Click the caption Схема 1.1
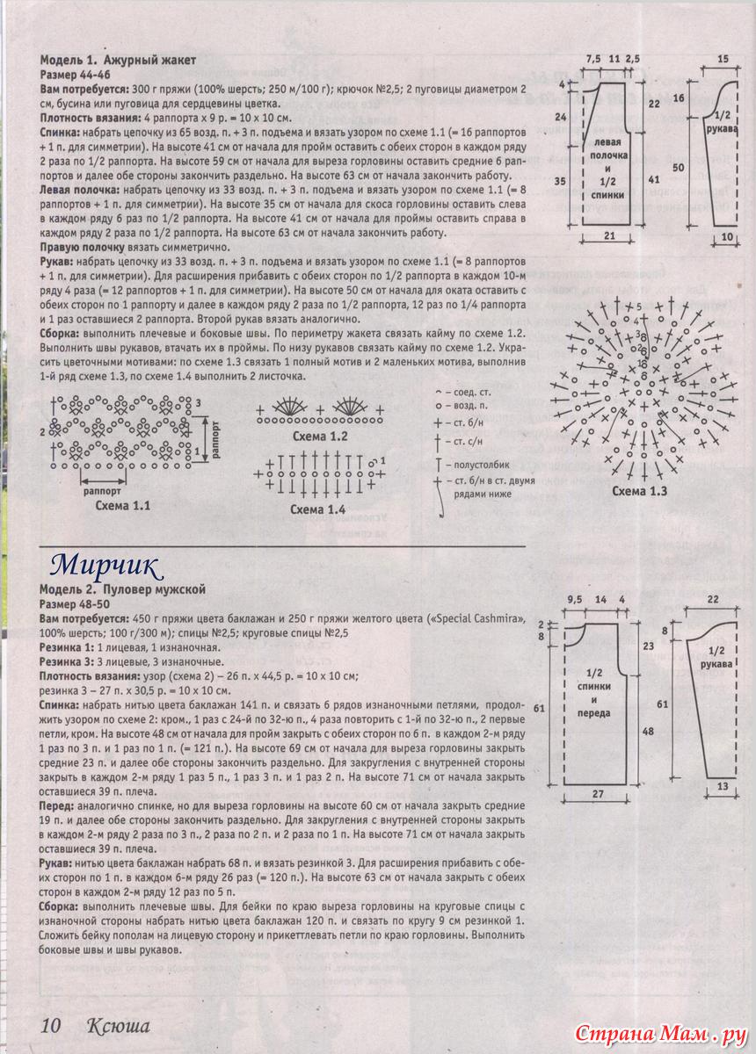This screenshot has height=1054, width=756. pyautogui.click(x=123, y=507)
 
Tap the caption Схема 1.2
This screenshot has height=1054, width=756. pyautogui.click(x=320, y=437)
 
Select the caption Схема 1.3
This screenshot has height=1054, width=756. pyautogui.click(x=640, y=491)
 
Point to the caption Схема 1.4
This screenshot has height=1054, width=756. pyautogui.click(x=318, y=509)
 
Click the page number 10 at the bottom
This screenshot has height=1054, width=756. pyautogui.click(x=50, y=1025)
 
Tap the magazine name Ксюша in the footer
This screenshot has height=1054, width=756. pyautogui.click(x=118, y=1025)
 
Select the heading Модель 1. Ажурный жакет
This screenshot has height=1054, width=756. pyautogui.click(x=118, y=61)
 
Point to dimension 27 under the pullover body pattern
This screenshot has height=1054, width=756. pyautogui.click(x=597, y=795)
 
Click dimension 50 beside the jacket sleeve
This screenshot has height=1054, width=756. pyautogui.click(x=679, y=167)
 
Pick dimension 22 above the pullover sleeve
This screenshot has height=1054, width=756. pyautogui.click(x=713, y=599)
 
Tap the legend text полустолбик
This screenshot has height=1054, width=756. pyautogui.click(x=479, y=463)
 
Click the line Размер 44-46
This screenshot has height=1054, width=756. pyautogui.click(x=76, y=75)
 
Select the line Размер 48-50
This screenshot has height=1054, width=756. pyautogui.click(x=76, y=605)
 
